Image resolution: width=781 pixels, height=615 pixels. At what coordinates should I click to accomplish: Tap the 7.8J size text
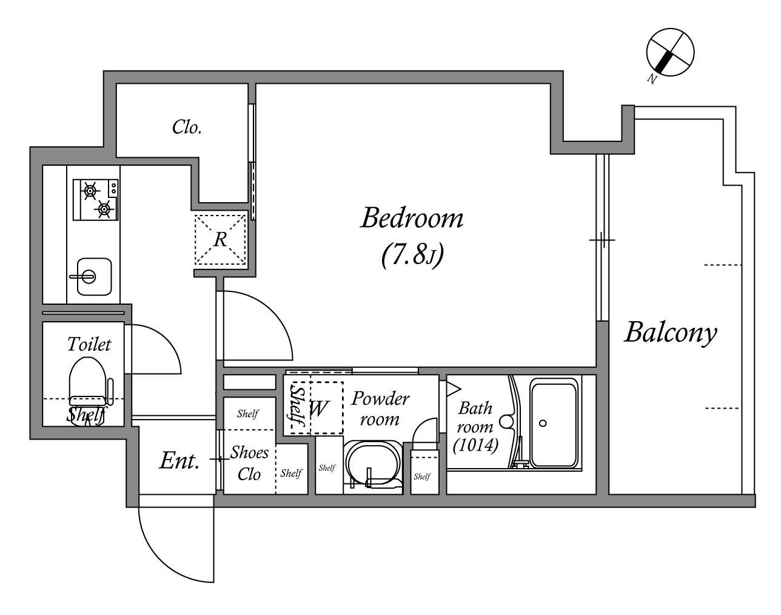pyautogui.click(x=412, y=256)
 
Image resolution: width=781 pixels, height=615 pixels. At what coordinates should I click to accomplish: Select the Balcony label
pyautogui.click(x=670, y=333)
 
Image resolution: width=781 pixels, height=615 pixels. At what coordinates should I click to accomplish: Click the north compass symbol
pyautogui.click(x=669, y=53)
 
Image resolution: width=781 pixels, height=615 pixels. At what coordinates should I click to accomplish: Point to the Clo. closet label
pyautogui.click(x=187, y=127)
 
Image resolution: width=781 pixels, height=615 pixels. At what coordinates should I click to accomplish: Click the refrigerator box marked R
pyautogui.click(x=220, y=239)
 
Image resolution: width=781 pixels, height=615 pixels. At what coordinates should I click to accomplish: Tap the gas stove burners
pyautogui.click(x=96, y=200)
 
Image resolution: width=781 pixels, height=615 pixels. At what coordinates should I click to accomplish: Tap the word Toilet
pyautogui.click(x=89, y=344)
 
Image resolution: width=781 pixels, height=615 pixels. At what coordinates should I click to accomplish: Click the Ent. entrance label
pyautogui.click(x=179, y=461)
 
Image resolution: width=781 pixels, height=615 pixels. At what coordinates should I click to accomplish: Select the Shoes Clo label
pyautogui.click(x=249, y=463)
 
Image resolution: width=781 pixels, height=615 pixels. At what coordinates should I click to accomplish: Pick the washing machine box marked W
pyautogui.click(x=318, y=408)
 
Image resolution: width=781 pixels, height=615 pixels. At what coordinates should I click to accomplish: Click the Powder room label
pyautogui.click(x=380, y=409)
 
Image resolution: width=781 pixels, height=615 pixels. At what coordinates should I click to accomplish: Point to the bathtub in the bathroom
pyautogui.click(x=553, y=423)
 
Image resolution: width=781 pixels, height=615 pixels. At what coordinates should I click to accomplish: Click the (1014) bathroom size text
pyautogui.click(x=475, y=446)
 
